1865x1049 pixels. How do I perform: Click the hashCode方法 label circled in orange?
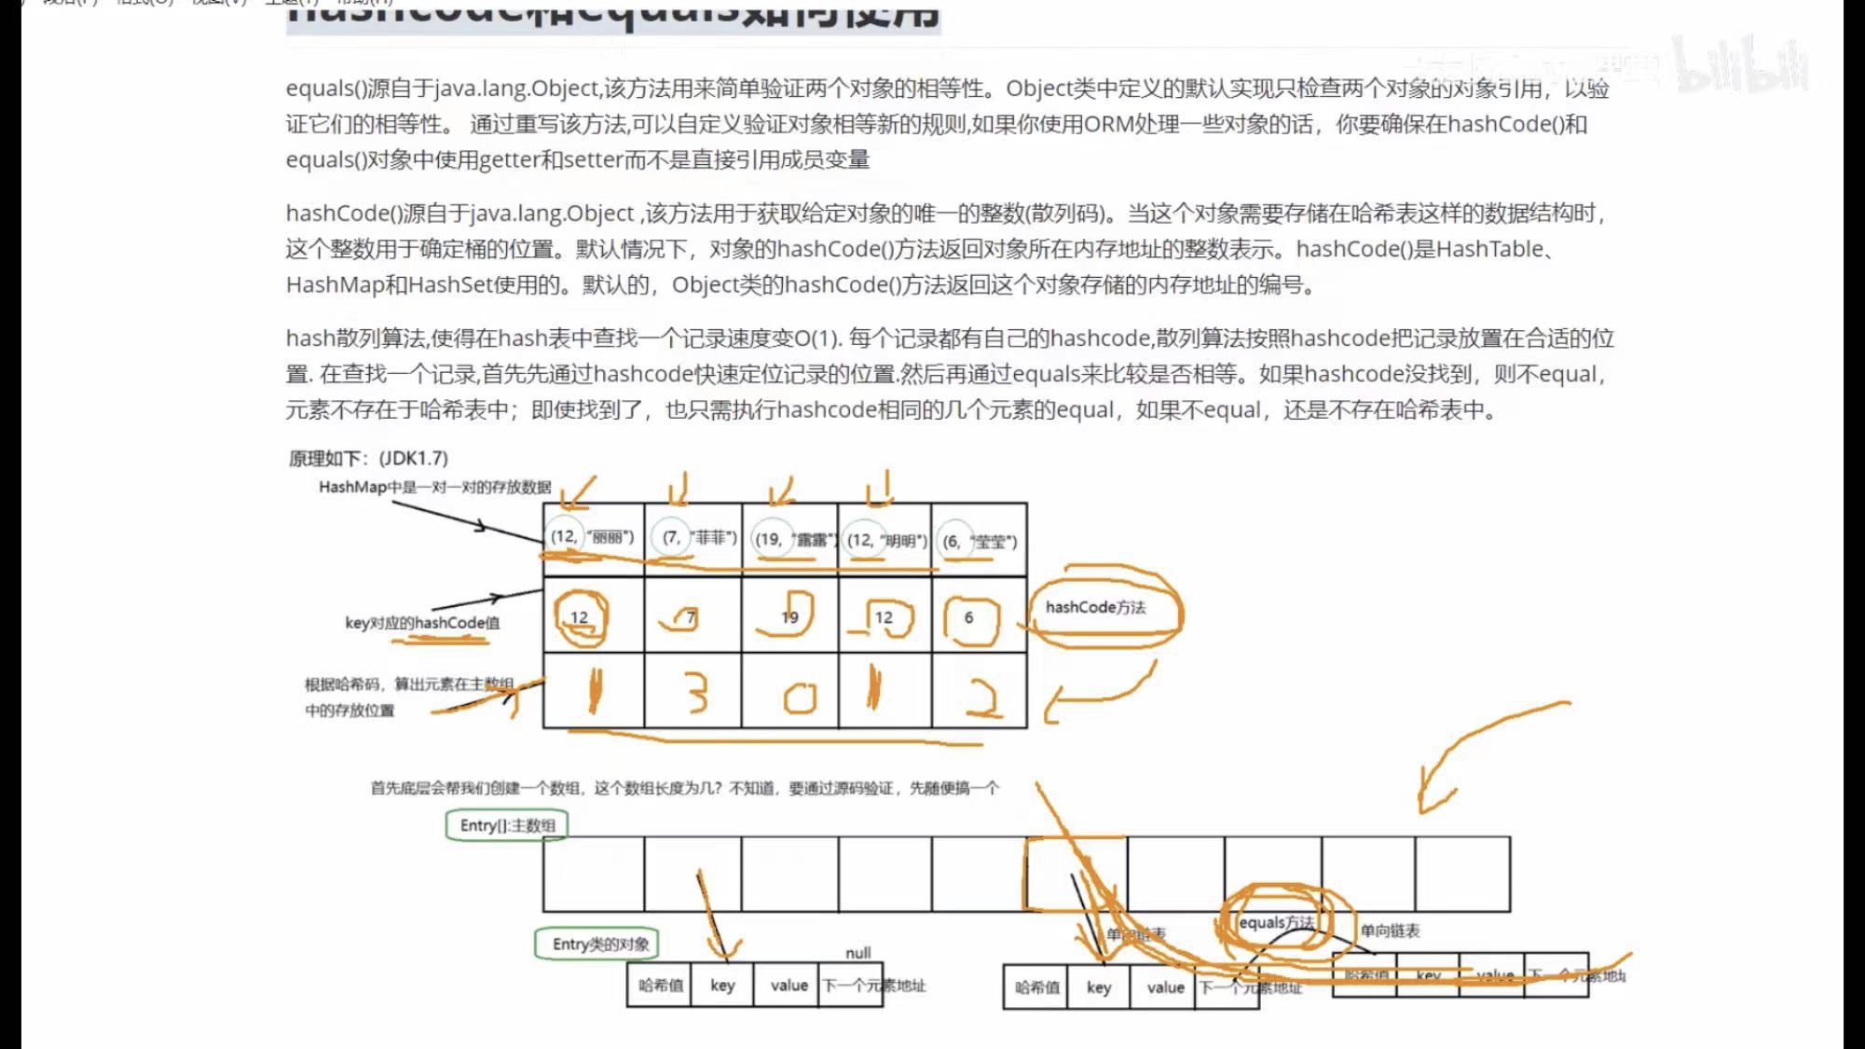1095,608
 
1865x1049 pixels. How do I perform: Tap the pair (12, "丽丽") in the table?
592,537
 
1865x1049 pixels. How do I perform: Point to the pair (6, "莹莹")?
979,541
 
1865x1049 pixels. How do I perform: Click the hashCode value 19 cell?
789,617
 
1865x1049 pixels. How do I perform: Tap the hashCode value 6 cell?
969,617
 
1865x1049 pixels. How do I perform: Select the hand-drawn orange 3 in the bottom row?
696,694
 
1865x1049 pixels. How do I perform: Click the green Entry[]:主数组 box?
507,825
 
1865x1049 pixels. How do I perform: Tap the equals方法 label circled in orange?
1276,922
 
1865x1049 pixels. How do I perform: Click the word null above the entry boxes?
857,953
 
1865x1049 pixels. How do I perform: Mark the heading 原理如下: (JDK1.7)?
368,458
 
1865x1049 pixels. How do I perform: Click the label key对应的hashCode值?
422,623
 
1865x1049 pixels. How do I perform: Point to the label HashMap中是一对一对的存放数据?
434,487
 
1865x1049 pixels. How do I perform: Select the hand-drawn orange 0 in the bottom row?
799,697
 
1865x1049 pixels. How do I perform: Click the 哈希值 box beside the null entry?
660,986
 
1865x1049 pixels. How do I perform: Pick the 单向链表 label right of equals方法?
1390,931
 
